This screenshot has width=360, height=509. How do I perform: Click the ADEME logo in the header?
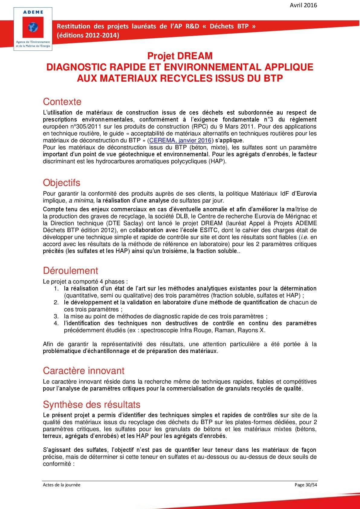pyautogui.click(x=33, y=29)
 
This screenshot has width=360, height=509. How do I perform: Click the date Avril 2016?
pyautogui.click(x=303, y=5)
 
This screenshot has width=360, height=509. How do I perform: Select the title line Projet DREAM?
pyautogui.click(x=180, y=56)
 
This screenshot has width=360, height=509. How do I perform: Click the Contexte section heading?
pyautogui.click(x=62, y=102)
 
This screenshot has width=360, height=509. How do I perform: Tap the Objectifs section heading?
pyautogui.click(x=62, y=183)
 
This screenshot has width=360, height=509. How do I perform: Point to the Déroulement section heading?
pyautogui.click(x=70, y=271)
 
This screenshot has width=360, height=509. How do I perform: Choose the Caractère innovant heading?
pyautogui.click(x=84, y=371)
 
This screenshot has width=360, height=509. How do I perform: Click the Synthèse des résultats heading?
pyautogui.click(x=92, y=404)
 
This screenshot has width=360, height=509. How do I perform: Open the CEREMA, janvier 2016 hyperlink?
pyautogui.click(x=180, y=140)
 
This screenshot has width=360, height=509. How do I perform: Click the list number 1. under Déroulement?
pyautogui.click(x=56, y=289)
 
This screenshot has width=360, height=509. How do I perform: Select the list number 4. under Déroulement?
pyautogui.click(x=56, y=323)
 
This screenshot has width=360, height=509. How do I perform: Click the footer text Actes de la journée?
pyautogui.click(x=62, y=485)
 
